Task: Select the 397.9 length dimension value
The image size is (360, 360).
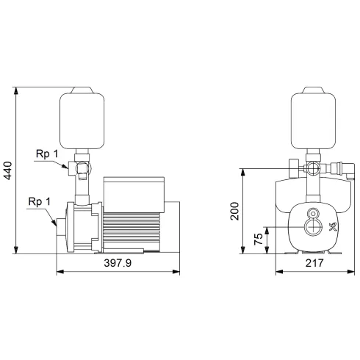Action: [117, 263]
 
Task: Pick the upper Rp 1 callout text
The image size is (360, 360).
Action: [45, 155]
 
